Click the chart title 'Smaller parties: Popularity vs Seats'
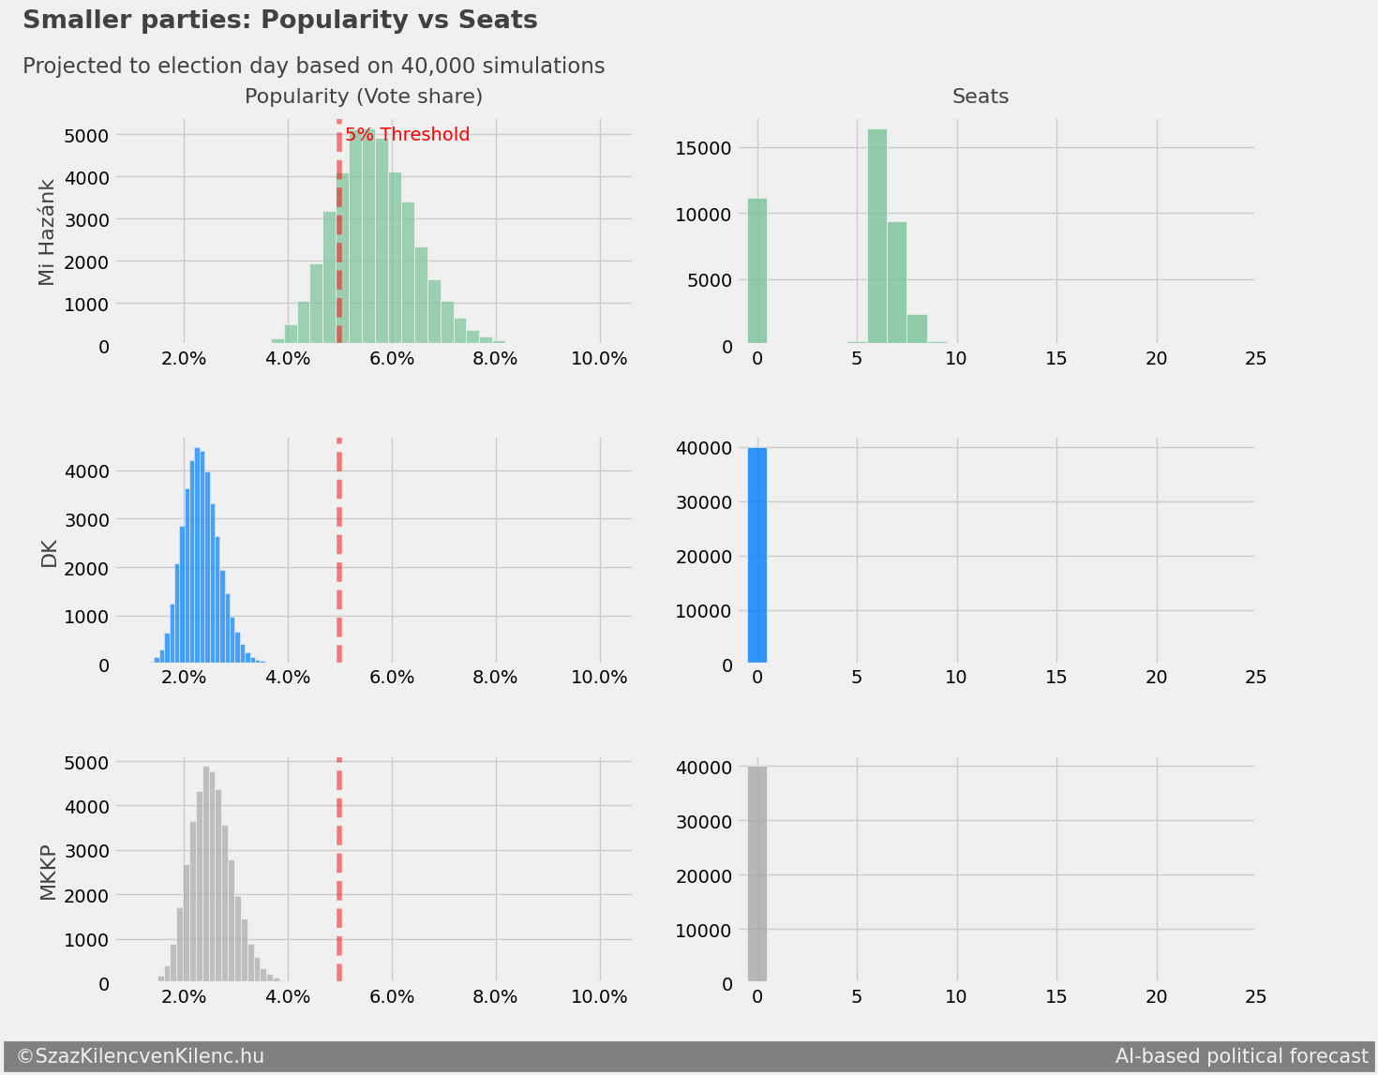[x=279, y=20]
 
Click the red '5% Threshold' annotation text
[x=408, y=135]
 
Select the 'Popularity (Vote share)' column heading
[x=364, y=97]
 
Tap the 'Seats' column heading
[x=981, y=97]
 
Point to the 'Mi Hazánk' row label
[x=48, y=231]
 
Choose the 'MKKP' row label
[x=48, y=872]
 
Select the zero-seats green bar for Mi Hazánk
[x=757, y=272]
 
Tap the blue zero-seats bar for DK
[x=757, y=556]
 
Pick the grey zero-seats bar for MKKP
[x=757, y=874]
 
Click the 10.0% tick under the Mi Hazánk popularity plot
[x=599, y=359]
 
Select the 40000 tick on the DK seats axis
[x=704, y=448]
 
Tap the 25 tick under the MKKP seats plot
[x=1255, y=996]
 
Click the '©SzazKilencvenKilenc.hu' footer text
[x=141, y=1056]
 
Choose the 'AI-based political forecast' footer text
[x=1241, y=1056]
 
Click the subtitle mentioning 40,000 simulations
[x=313, y=67]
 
